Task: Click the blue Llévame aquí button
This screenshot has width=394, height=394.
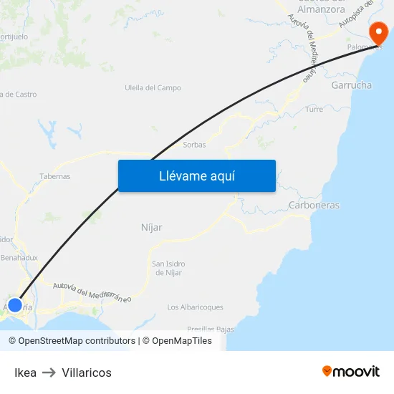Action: (197, 176)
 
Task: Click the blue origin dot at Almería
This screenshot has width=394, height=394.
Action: (14, 304)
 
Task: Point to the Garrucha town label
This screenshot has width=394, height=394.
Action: (351, 85)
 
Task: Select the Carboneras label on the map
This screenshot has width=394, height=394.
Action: (314, 206)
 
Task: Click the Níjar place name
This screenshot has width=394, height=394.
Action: (151, 227)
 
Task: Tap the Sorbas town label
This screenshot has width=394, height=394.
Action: (194, 145)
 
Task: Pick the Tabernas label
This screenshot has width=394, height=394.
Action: (55, 176)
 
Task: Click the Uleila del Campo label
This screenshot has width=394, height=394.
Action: (153, 88)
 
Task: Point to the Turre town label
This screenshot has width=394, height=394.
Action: (314, 110)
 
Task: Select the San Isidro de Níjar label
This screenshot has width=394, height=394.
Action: (168, 268)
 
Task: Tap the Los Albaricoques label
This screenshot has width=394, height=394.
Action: (195, 307)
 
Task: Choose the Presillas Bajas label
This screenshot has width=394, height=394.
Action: (211, 330)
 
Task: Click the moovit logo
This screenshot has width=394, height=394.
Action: (351, 372)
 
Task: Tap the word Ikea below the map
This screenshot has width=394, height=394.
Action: (25, 373)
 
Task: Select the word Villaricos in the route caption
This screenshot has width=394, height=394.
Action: (87, 373)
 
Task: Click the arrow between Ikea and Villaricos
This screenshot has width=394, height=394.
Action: (49, 373)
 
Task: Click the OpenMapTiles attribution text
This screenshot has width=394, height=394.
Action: (182, 341)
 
